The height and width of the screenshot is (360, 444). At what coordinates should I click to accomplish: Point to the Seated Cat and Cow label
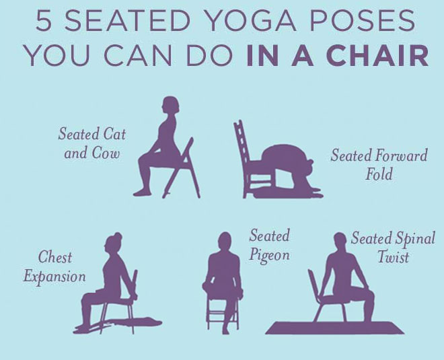click(x=91, y=143)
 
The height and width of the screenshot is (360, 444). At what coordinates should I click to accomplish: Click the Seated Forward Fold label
click(x=379, y=165)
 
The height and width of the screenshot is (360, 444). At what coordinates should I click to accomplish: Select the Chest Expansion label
click(x=54, y=266)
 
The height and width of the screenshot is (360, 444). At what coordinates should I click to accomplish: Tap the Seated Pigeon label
click(x=269, y=245)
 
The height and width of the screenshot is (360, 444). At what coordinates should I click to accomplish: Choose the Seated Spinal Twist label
click(x=393, y=247)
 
